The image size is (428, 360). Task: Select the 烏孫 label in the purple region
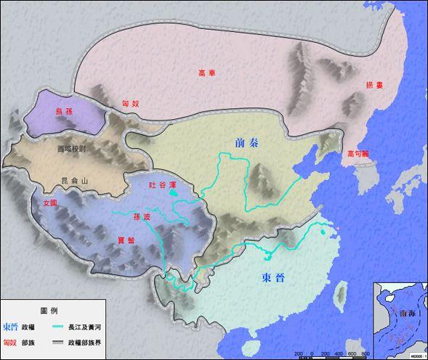pos(65,111)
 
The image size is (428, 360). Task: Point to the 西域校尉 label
pos(71,149)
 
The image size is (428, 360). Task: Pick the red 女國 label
pos(49,202)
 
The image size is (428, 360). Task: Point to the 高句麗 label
pos(360,153)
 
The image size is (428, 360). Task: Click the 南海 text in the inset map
pos(397,314)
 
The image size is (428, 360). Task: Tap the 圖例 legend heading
pos(49,309)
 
